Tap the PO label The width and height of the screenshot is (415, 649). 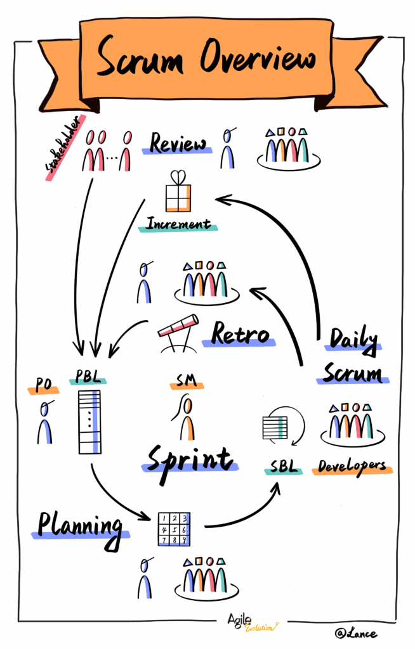(43, 385)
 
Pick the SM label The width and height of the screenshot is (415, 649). (185, 381)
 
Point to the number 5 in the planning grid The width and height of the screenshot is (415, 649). (173, 528)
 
